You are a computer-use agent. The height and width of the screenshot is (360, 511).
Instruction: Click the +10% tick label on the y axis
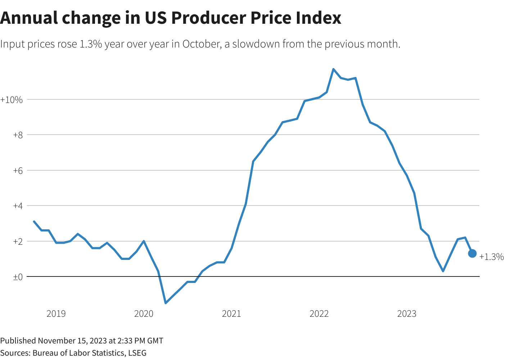[12, 100]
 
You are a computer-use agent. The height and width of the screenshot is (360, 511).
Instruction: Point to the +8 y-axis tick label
[18, 135]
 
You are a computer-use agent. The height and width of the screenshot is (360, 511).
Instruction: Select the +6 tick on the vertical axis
[18, 171]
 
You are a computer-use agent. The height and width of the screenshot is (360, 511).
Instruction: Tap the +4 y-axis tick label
[18, 206]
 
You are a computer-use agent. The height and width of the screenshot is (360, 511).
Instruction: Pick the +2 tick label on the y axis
[18, 242]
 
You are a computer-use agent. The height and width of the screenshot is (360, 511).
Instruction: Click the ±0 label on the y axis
[18, 277]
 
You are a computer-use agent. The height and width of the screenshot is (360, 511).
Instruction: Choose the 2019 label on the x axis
[56, 314]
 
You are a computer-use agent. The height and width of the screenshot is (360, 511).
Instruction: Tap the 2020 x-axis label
[144, 314]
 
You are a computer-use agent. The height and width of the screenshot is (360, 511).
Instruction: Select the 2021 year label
[231, 314]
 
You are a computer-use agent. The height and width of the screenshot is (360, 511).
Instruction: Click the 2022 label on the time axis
[319, 314]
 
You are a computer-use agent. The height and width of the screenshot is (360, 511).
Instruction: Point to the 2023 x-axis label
[407, 314]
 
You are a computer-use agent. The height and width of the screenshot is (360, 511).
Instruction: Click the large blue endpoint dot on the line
[472, 253]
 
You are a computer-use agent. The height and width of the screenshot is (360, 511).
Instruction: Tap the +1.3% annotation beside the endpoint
[492, 257]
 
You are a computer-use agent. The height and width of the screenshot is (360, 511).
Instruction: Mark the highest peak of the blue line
[333, 69]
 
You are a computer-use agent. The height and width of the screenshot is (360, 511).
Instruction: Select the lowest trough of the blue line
[166, 303]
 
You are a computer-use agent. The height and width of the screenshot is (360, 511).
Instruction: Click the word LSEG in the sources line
[137, 353]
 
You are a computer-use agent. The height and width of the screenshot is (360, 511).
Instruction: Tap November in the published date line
[54, 341]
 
